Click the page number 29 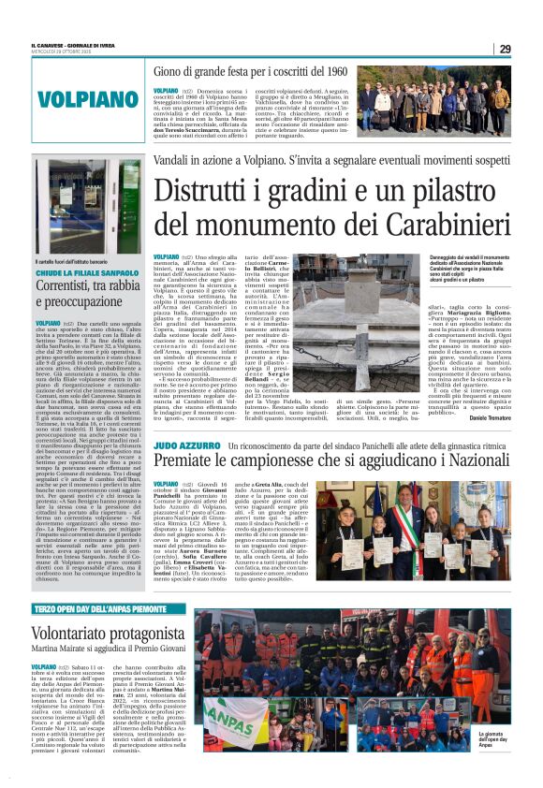click(505, 49)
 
